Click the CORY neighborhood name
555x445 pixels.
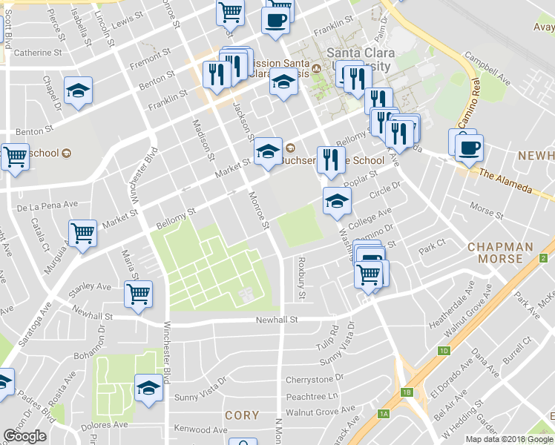pos(242,415)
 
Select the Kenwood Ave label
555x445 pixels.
pos(200,430)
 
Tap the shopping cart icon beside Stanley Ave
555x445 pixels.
pos(138,294)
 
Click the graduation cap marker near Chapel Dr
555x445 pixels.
pos(78,90)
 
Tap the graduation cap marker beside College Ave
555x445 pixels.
pos(337,200)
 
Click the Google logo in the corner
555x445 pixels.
pos(24,436)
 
